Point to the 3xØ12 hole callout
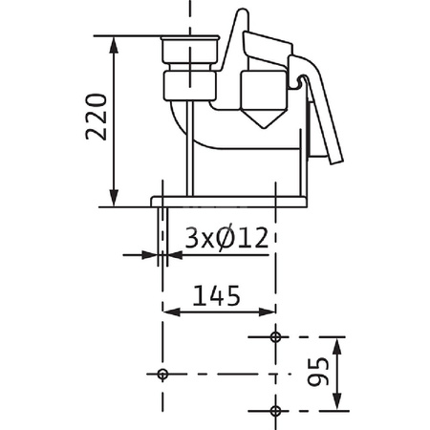point(225,237)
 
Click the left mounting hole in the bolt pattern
point(161,373)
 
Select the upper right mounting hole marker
point(276,337)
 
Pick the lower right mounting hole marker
point(276,410)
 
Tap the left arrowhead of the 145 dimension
point(168,311)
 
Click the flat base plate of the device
point(229,201)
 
